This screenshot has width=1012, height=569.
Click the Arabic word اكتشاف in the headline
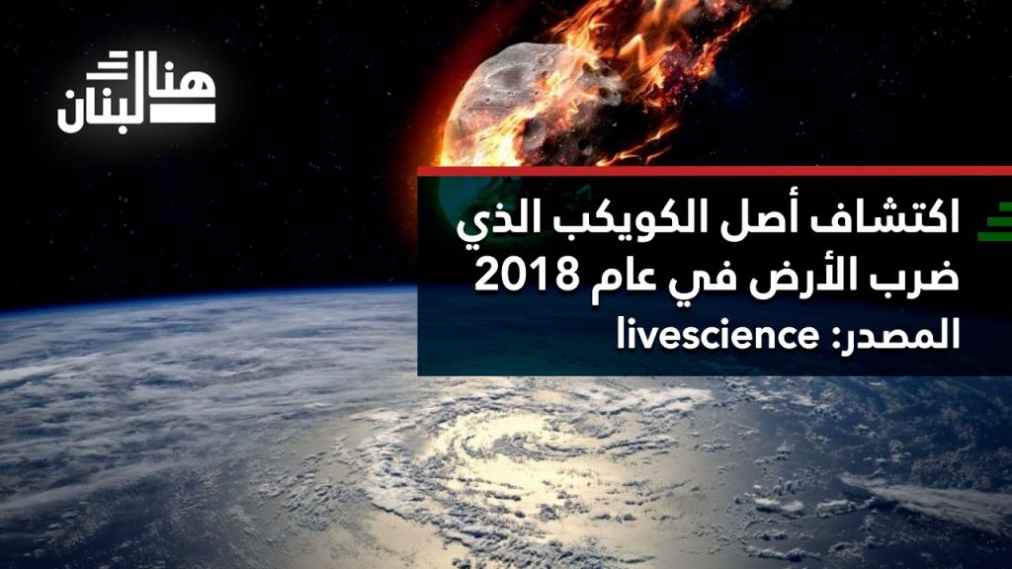coord(886,216)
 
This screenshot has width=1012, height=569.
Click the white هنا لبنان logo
coord(136,91)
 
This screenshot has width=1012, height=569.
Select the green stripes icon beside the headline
coord(994,222)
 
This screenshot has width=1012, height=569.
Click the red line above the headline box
coord(715,171)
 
